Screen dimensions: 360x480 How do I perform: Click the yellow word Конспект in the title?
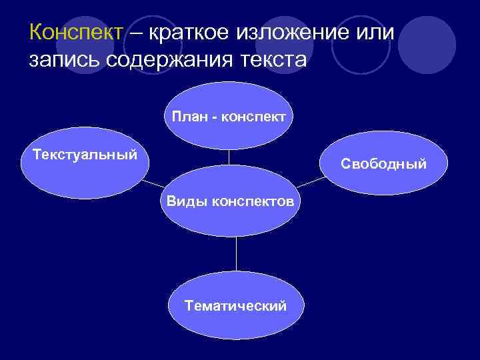click(x=76, y=33)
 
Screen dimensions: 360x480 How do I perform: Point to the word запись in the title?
click(x=64, y=61)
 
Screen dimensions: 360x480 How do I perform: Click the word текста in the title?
click(x=271, y=61)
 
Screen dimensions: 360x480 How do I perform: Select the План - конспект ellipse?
click(x=229, y=117)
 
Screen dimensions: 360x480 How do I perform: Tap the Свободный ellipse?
click(x=383, y=163)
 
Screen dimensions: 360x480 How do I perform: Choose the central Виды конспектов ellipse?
click(x=229, y=201)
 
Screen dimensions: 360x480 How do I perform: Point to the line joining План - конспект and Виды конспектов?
click(x=229, y=157)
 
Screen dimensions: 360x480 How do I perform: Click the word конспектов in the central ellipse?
click(x=253, y=201)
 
